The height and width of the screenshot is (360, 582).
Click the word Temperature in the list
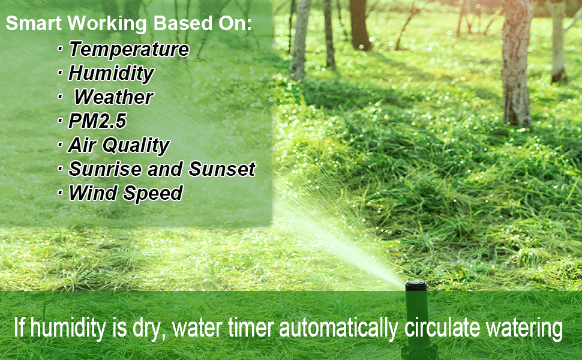tap(129, 49)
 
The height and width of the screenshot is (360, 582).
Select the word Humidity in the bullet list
tap(111, 73)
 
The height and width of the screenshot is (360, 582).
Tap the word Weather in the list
tap(113, 97)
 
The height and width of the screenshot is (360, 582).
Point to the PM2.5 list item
tap(97, 121)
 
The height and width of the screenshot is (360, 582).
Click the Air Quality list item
tap(118, 145)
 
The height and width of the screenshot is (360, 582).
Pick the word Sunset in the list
tap(222, 169)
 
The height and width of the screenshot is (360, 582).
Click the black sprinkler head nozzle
tap(415, 286)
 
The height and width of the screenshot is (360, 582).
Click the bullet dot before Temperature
tap(61, 49)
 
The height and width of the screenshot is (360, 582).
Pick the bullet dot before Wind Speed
tap(61, 193)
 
